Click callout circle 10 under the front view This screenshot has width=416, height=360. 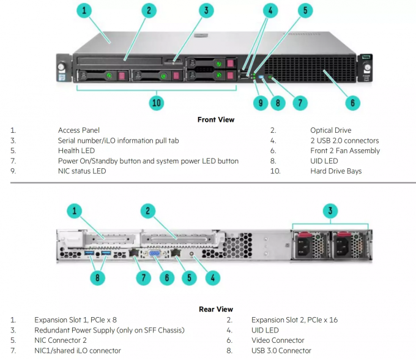157,103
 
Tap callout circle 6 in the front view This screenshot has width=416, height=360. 352,103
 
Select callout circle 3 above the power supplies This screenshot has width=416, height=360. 330,211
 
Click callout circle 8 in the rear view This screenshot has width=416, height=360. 97,278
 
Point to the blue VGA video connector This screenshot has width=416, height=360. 155,253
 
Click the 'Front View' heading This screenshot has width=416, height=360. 216,120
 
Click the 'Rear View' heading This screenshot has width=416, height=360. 216,309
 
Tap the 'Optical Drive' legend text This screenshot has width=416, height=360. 331,130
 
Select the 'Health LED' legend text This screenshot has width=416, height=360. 76,151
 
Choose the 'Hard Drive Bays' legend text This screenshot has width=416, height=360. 336,171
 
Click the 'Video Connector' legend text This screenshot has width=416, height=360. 278,340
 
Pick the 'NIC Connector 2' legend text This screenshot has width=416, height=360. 61,340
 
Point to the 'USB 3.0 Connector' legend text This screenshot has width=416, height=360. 281,351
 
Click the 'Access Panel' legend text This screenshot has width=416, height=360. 79,130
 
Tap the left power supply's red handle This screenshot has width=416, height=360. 304,235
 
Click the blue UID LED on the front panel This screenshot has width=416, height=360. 261,77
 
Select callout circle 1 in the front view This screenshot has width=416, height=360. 84,10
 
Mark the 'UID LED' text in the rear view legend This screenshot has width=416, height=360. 265,330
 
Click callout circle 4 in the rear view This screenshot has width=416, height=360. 213,278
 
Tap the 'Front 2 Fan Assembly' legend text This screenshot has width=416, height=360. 345,151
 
